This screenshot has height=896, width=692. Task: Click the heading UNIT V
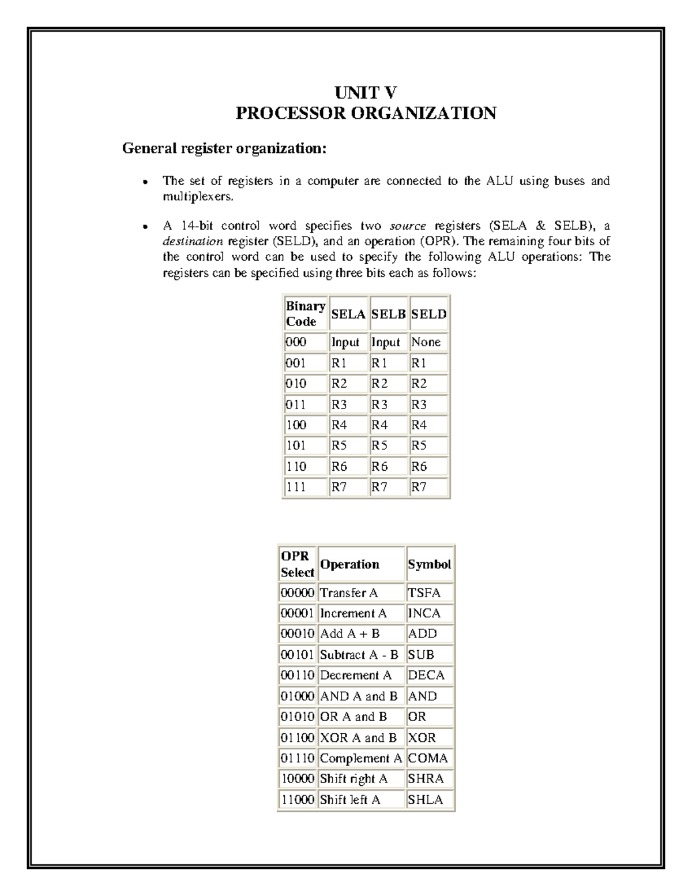366,93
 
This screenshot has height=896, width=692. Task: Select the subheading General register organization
224,149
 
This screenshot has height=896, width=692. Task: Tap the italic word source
408,226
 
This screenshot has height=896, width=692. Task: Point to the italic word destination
193,241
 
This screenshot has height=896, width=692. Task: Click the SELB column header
389,314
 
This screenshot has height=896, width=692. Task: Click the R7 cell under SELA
339,487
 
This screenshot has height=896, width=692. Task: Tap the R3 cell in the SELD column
419,404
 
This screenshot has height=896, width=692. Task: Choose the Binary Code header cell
305,314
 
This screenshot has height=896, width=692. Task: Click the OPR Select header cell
297,564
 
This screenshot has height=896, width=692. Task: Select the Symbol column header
429,564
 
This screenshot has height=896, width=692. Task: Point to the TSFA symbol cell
424,593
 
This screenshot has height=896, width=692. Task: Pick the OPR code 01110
297,758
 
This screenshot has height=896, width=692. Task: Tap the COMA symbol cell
427,758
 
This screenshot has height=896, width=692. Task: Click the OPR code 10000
297,779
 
